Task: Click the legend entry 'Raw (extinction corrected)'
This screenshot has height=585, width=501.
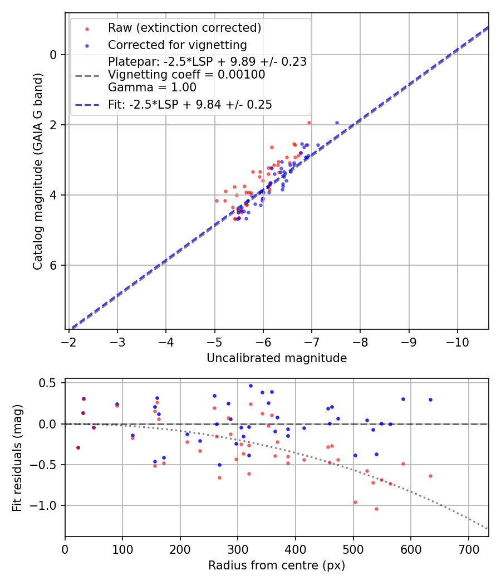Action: pos(184,28)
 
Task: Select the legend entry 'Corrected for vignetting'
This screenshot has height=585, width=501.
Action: pos(178,45)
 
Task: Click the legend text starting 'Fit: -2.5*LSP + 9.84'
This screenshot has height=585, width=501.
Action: pos(190,105)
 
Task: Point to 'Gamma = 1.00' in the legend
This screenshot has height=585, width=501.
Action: pos(152,87)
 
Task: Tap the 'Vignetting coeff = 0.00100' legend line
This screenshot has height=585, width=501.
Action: pos(186,75)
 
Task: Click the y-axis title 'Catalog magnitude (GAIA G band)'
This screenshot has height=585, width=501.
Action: pos(37,170)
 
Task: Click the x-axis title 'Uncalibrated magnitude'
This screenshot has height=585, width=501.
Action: pos(277,358)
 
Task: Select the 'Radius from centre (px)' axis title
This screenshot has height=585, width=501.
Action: pos(277,565)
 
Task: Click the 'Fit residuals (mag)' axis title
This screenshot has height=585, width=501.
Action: pos(17,457)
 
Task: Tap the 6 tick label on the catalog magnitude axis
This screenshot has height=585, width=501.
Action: pos(53,265)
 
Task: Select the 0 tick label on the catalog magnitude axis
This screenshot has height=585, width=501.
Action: pos(53,55)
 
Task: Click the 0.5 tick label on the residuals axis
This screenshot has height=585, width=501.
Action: pos(50,383)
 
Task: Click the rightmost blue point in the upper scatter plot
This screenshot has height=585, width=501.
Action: pos(337,123)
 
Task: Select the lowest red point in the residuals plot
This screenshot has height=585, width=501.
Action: pos(376,509)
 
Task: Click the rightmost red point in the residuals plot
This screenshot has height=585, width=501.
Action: pos(430,476)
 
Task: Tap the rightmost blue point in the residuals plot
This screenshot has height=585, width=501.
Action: pos(430,399)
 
